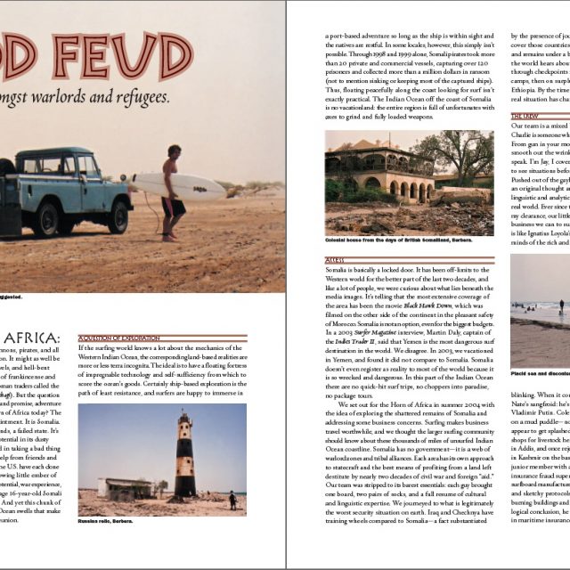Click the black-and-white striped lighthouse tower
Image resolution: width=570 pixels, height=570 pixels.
[x=185, y=456]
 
